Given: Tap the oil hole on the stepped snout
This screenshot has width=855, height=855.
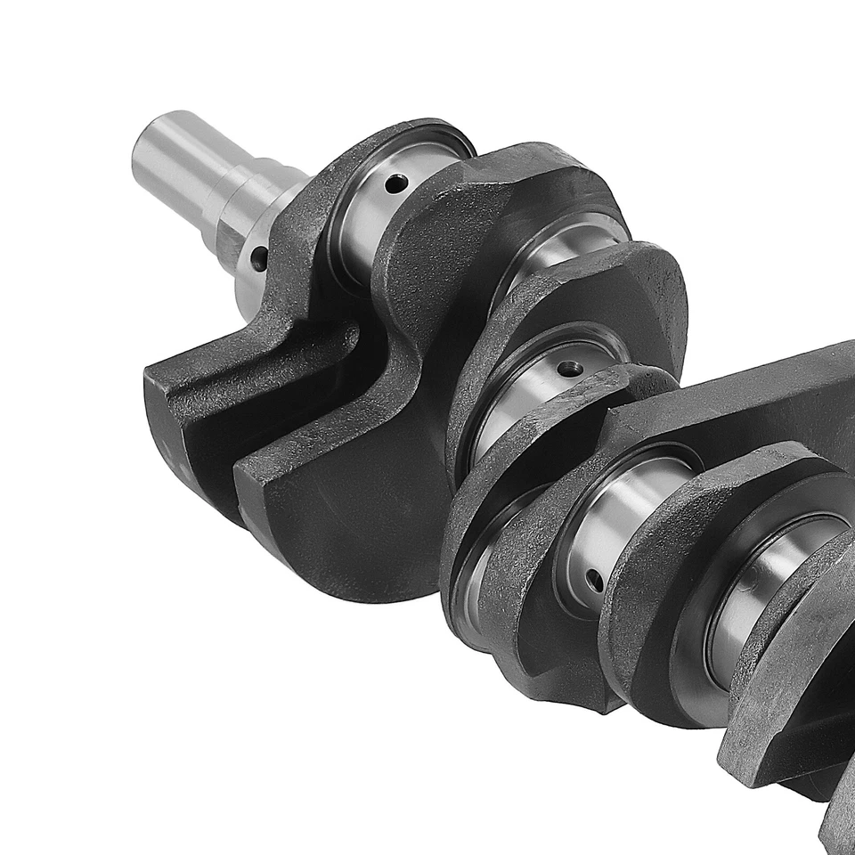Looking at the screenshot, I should click(258, 258).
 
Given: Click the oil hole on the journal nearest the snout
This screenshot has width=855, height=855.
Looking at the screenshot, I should click(395, 183).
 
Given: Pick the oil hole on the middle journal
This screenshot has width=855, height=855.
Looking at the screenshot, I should click(568, 367).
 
